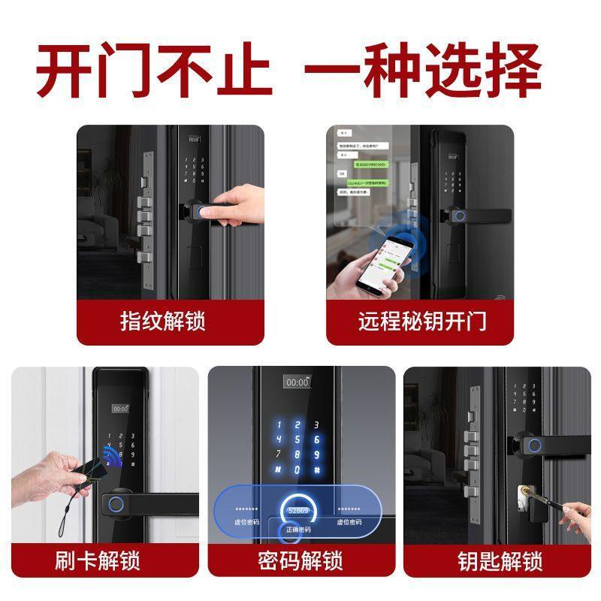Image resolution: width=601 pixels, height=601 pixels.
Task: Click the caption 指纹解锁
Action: pos(163,322)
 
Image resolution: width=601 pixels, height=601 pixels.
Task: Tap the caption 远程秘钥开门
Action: pos(422,322)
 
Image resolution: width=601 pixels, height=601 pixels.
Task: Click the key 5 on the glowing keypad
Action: pos(297,439)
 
